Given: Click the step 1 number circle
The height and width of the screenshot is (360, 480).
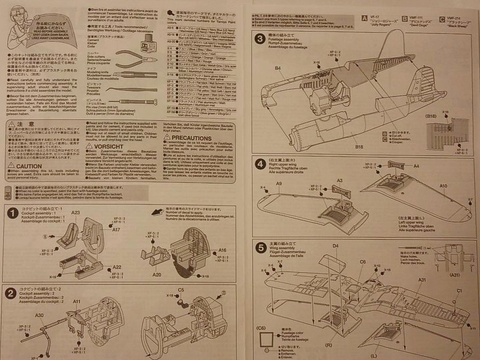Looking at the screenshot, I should pos(12,213).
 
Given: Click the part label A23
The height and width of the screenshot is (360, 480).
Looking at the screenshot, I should pos(76,213).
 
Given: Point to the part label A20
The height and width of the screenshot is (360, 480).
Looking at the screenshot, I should pos(157,275).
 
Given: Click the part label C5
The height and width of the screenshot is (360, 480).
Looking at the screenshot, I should pos(181,289).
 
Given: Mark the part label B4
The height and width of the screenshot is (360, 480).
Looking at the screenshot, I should pos(278,68).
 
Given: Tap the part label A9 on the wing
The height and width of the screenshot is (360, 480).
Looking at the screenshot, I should pos(279,184).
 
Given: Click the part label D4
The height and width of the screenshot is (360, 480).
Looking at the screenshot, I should pos(335,245).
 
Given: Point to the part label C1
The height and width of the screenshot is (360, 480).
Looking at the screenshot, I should pos(459,290).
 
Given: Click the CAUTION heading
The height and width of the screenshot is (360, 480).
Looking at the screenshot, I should pos(28,166).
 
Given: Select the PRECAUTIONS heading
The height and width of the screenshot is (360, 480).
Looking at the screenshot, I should pos(191,138).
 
